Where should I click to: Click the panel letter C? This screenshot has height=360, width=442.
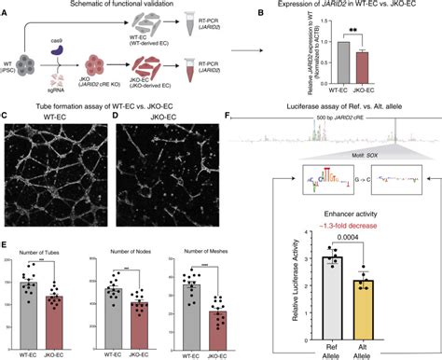click(6, 117)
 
